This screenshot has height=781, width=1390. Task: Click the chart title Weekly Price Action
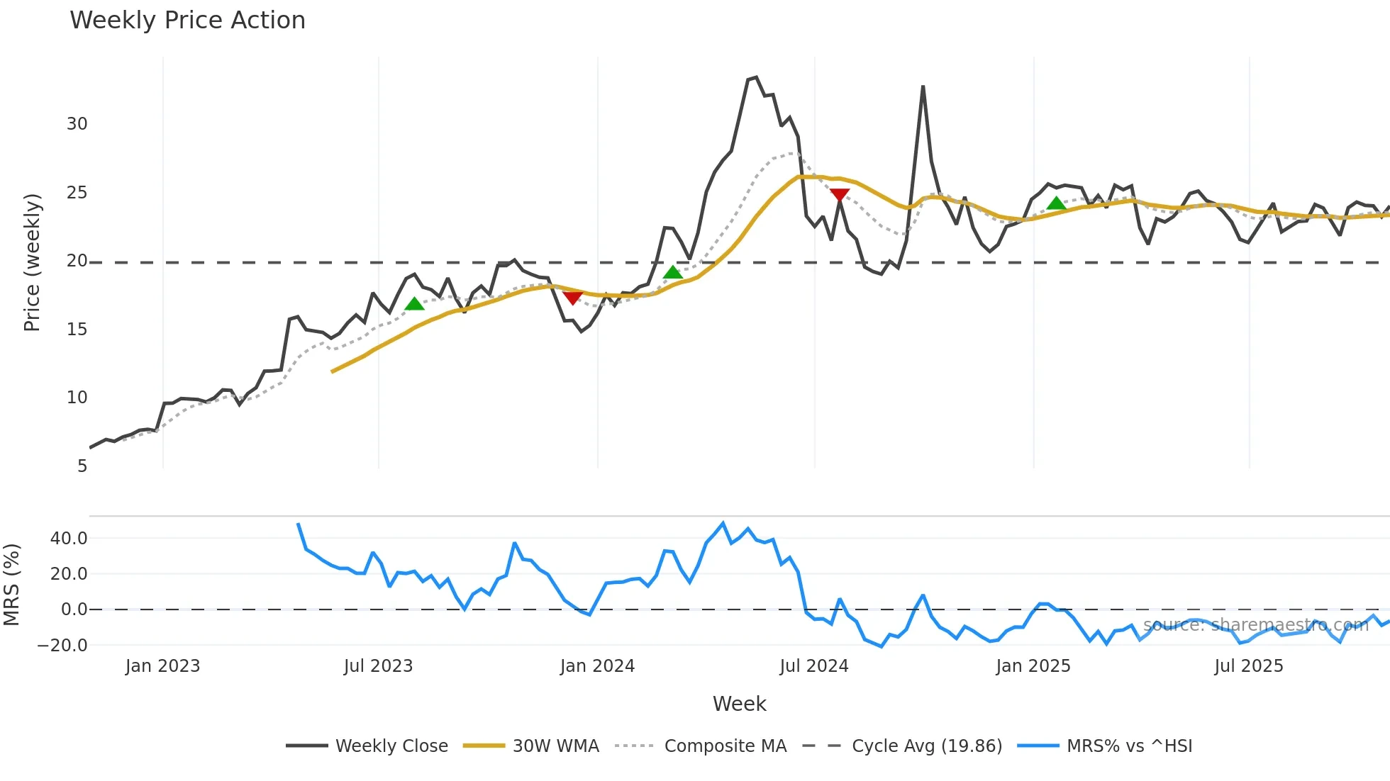pos(187,21)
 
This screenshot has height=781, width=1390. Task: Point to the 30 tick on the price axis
pos(77,124)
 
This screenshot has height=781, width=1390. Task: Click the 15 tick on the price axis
pos(77,330)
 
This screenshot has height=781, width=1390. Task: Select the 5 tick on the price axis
pos(82,466)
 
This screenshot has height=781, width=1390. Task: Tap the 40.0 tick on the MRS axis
pos(69,539)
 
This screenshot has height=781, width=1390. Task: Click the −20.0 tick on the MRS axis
pos(62,646)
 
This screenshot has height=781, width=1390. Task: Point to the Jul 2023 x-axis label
pos(378,666)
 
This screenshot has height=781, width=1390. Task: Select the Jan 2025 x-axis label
pos(1033,666)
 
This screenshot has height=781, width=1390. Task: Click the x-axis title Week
pos(739,704)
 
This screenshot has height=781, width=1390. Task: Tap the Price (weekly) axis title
pos(32,262)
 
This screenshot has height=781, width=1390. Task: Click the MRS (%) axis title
pos(11,585)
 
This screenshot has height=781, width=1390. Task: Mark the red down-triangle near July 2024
pos(840,195)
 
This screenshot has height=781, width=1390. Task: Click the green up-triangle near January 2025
pos(1056,204)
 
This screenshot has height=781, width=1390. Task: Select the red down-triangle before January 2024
pos(572,298)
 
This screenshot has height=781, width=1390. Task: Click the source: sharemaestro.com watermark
pos(1255,625)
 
